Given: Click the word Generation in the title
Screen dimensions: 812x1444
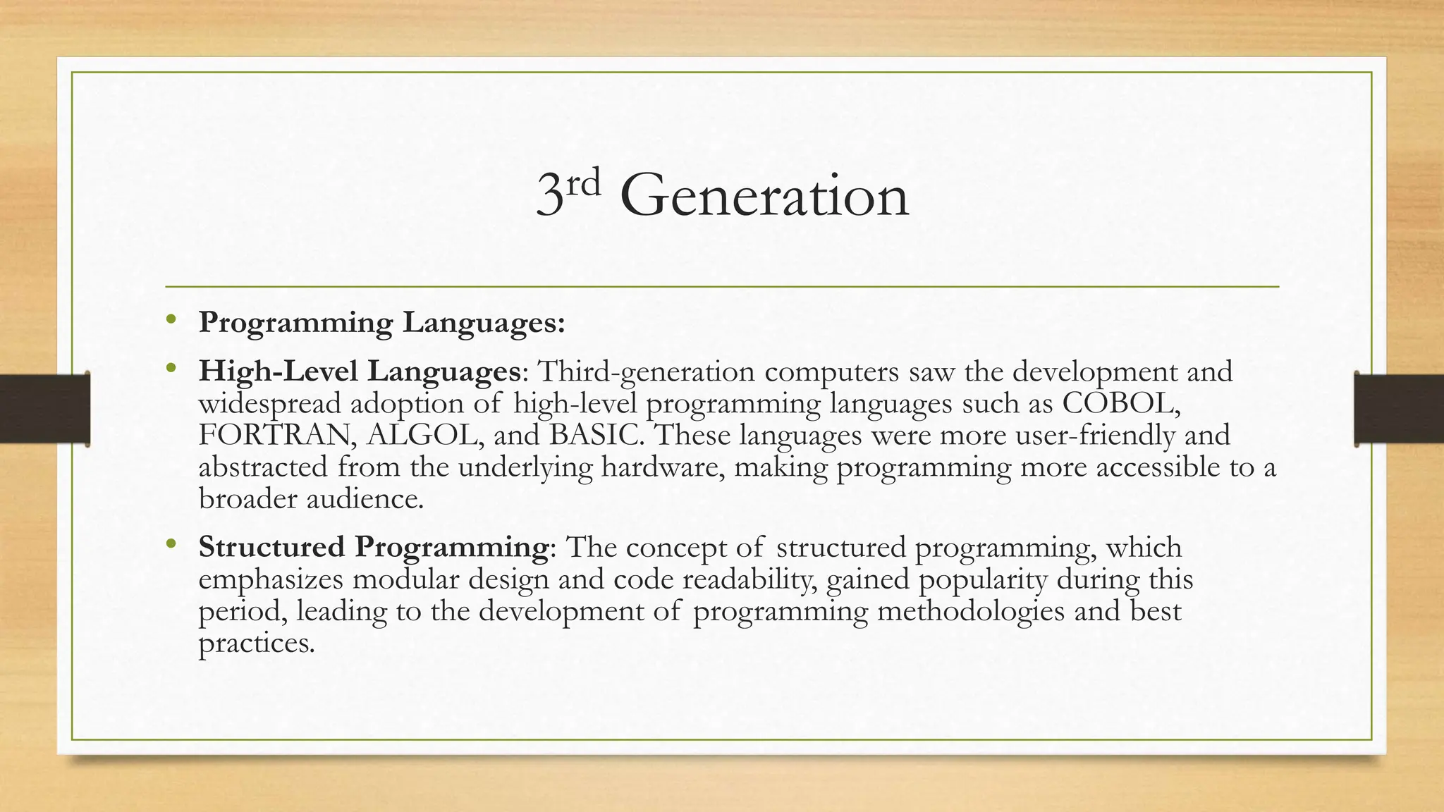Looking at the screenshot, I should click(x=764, y=196).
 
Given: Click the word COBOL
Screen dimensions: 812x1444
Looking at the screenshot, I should click(x=1120, y=403).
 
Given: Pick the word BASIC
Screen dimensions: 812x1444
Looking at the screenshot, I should click(x=596, y=435).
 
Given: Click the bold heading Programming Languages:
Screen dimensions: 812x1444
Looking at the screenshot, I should click(x=381, y=323).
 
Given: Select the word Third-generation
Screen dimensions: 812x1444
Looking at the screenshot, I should click(x=646, y=371).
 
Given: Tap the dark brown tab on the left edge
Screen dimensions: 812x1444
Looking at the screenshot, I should click(x=44, y=409).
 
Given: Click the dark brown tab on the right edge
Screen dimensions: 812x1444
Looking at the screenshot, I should click(x=1399, y=409).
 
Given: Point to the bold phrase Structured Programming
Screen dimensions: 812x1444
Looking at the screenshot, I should click(x=373, y=547).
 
